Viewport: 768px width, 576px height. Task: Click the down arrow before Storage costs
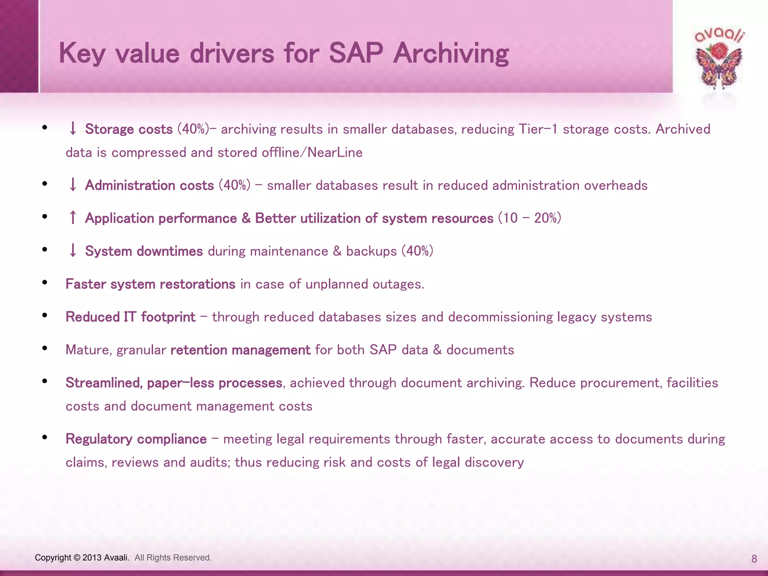click(x=73, y=129)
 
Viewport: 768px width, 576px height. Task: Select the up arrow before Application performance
click(x=73, y=218)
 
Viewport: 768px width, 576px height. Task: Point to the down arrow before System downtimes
click(x=73, y=250)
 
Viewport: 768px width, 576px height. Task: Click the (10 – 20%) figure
click(x=529, y=218)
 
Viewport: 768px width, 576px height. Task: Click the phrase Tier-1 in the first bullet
click(x=538, y=129)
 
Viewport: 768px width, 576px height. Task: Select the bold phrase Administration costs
click(x=149, y=185)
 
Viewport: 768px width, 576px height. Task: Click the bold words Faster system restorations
click(x=150, y=284)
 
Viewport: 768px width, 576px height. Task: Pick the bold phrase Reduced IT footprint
click(x=130, y=317)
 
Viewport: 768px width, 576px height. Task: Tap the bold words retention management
click(x=240, y=350)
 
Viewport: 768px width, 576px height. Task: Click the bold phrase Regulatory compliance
click(x=136, y=439)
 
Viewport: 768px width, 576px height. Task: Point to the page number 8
click(x=754, y=559)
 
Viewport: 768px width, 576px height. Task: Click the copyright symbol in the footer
click(x=77, y=558)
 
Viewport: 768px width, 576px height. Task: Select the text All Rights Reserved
click(x=173, y=558)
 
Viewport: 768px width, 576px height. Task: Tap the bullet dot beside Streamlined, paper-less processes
click(x=45, y=381)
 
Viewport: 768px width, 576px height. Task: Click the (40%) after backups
click(x=417, y=251)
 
